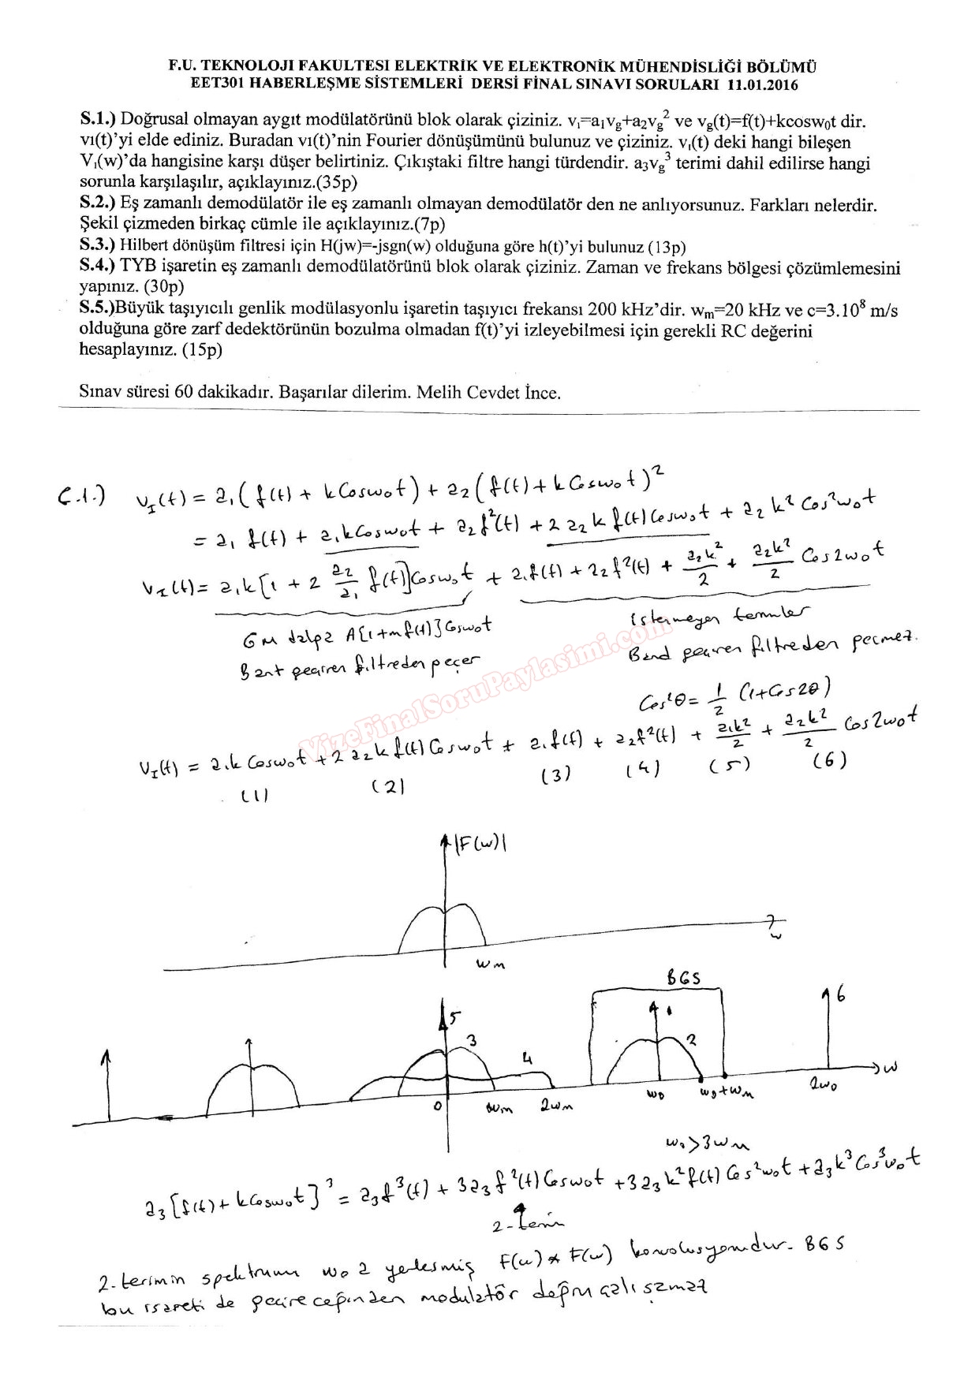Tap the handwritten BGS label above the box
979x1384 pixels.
tap(683, 978)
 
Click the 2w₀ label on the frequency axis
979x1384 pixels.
tap(823, 1086)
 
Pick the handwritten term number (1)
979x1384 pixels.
tap(255, 796)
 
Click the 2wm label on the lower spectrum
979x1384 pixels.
tap(556, 1106)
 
